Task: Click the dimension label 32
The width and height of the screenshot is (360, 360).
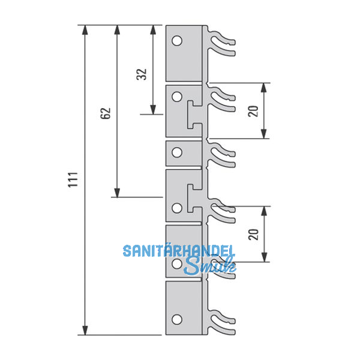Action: tap(142, 74)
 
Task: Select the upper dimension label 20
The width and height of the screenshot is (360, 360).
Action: tap(253, 111)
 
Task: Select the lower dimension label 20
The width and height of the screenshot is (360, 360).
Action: tap(253, 234)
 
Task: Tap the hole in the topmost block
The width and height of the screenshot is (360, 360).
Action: tap(176, 41)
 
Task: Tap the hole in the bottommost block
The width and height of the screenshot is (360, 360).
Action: tap(176, 319)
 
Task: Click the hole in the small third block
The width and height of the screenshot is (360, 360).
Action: tap(176, 152)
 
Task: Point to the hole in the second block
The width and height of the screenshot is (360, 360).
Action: tap(176, 96)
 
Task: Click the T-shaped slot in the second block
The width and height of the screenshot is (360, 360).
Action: tap(193, 114)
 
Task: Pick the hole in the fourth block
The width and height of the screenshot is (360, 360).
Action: tap(176, 208)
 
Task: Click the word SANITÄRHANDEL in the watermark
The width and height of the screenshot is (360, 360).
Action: tap(179, 251)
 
